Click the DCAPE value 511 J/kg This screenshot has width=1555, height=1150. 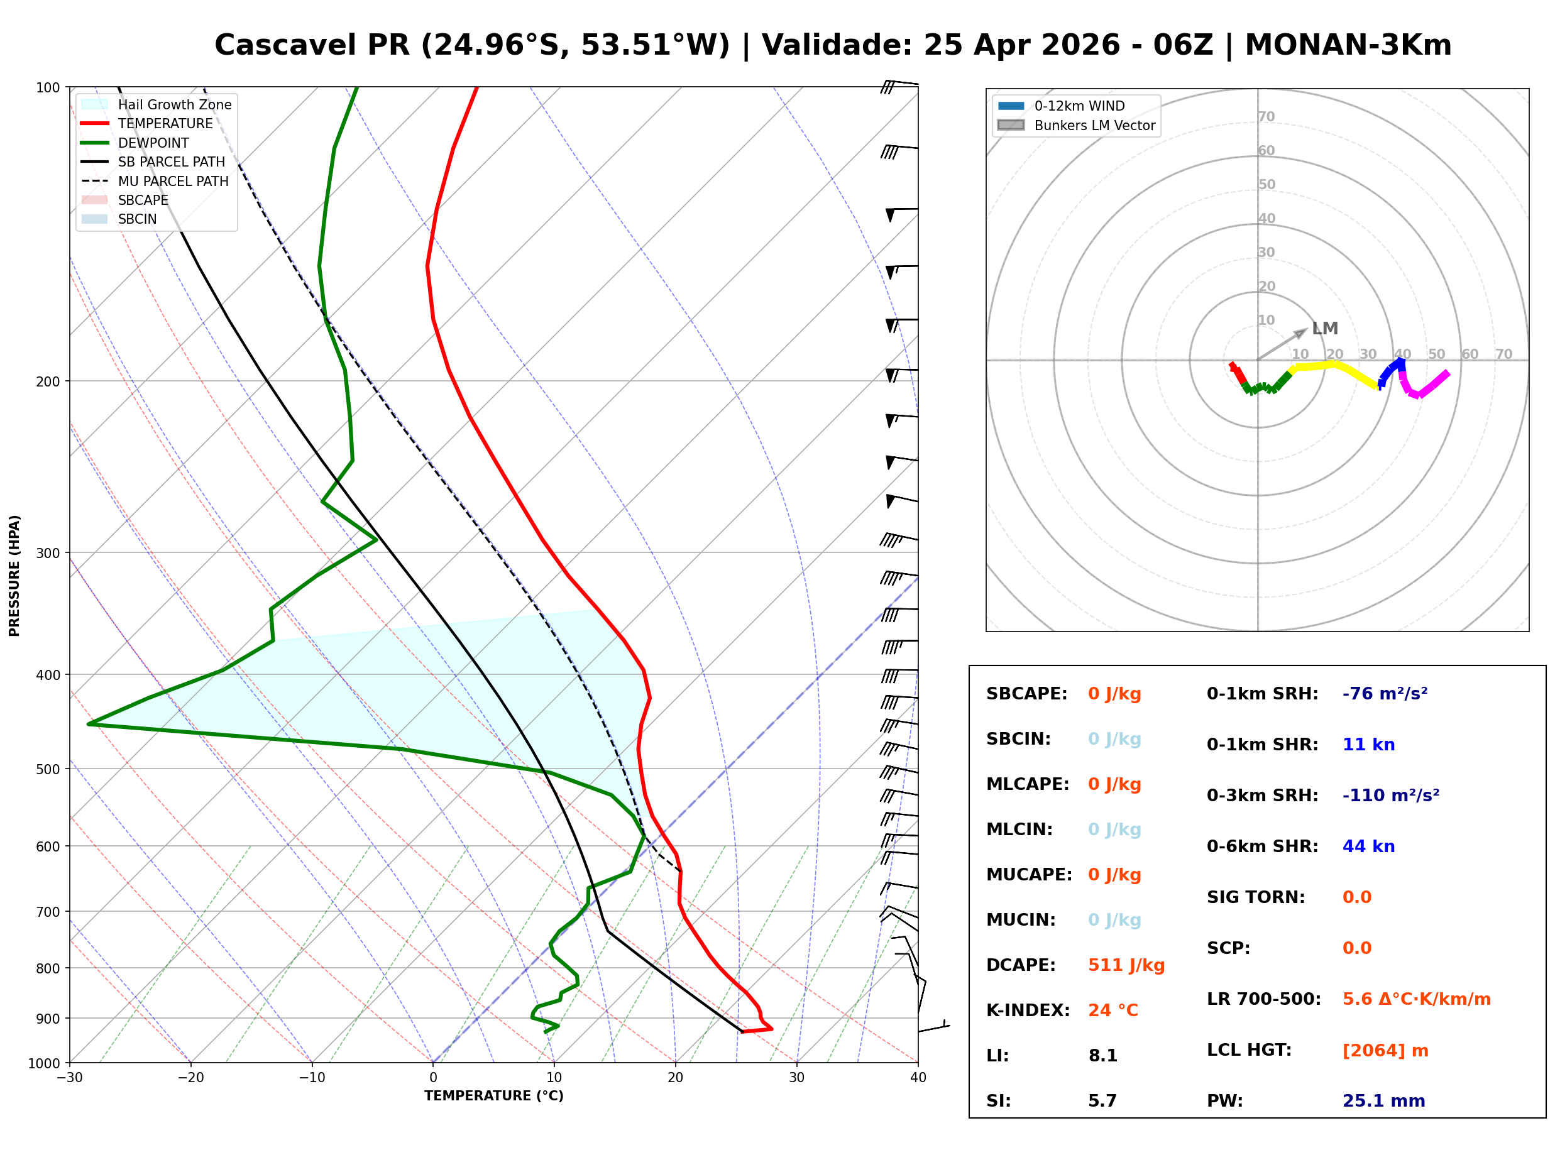pos(1126,965)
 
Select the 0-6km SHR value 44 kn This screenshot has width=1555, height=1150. pos(1368,846)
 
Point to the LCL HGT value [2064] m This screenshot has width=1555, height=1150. pos(1385,1051)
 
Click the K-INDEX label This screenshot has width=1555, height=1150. pos(1028,1010)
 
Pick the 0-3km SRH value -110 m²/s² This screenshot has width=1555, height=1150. pos(1390,796)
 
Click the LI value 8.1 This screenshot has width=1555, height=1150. pos(1102,1056)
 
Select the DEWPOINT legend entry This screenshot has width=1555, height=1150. pos(153,143)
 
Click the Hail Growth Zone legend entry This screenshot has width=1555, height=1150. pos(174,104)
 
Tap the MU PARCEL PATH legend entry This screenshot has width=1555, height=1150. pos(173,181)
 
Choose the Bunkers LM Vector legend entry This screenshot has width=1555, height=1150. pos(1094,125)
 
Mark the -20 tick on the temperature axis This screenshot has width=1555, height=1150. pos(190,1078)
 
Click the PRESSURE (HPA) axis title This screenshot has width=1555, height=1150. pos(14,576)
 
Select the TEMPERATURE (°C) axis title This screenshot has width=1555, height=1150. pos(493,1096)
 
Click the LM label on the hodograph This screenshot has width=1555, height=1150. pos(1324,329)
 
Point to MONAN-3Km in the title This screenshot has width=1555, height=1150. pos(1348,45)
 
